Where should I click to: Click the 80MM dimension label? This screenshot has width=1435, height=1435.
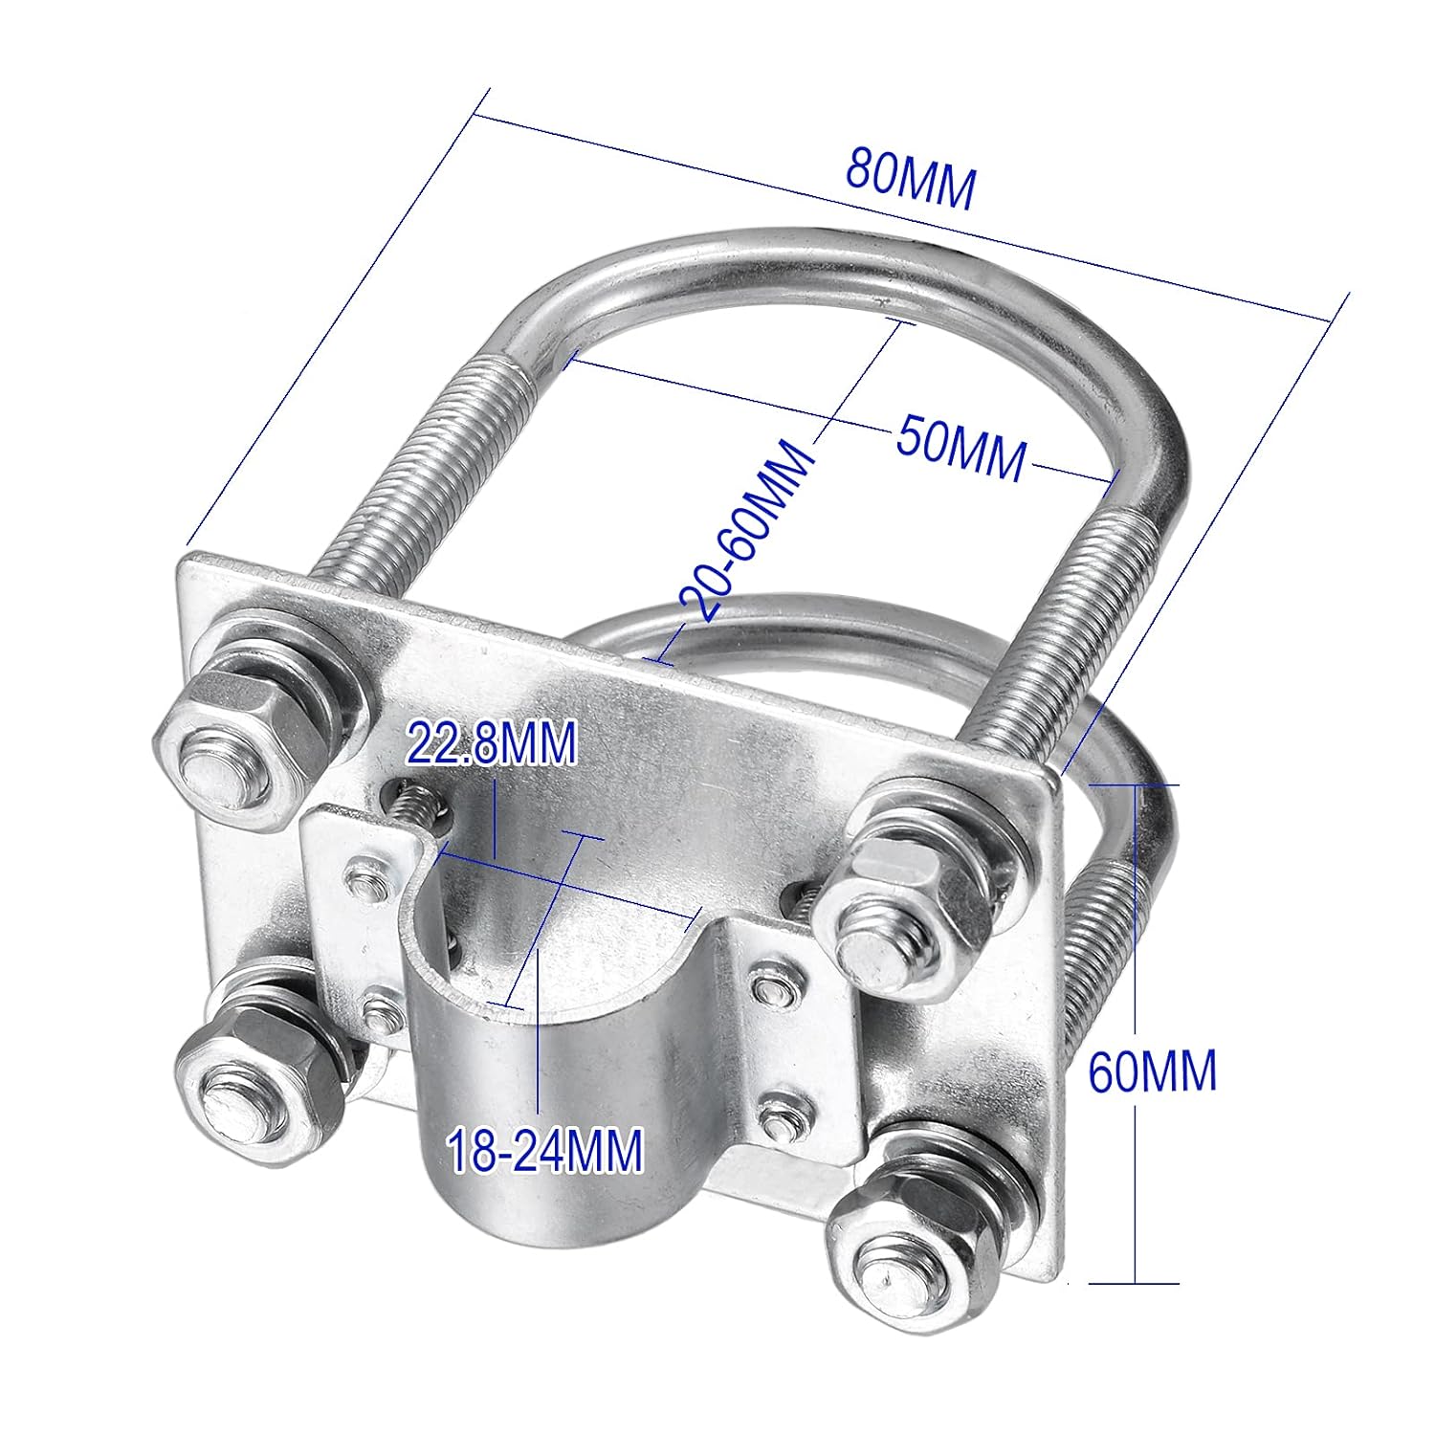coord(910,181)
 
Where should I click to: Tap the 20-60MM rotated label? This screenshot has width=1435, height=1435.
coord(749,531)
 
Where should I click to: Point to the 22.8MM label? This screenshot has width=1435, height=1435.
coord(492,743)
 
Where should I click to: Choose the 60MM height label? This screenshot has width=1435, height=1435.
coord(1152,1071)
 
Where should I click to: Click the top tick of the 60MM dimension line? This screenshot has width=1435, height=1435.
coord(1136,784)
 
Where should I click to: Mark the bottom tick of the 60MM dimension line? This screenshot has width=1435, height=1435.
coord(1136,1283)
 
